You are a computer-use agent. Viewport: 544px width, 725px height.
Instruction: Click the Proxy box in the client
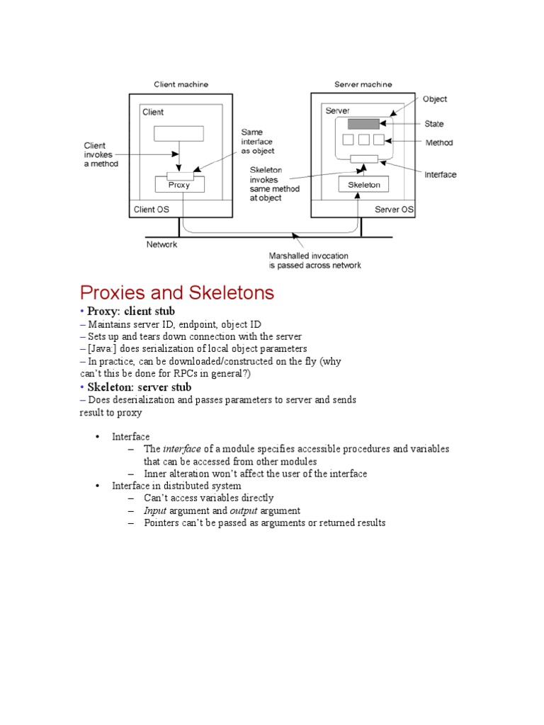pos(180,185)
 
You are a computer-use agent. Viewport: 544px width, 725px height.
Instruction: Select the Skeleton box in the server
pos(364,185)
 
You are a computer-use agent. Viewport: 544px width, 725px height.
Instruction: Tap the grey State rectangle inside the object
pos(363,124)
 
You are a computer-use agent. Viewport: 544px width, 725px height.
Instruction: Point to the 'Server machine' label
pos(363,84)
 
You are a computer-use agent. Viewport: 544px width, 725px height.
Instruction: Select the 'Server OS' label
pos(395,210)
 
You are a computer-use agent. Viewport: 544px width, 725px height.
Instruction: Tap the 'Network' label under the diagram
pos(161,244)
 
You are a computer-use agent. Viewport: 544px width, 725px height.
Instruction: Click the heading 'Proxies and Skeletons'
pos(177,292)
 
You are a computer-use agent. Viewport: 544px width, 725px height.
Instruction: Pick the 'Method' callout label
pos(438,143)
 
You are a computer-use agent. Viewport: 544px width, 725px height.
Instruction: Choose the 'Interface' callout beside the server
pos(440,174)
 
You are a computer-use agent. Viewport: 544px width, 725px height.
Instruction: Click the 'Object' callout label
pos(435,100)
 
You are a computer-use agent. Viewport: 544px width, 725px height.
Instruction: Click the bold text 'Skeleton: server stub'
pos(139,387)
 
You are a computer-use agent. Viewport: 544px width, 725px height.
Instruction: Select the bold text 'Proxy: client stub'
pos(131,312)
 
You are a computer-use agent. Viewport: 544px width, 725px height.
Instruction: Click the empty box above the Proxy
pos(178,133)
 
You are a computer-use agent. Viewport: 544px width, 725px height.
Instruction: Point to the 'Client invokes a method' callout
pos(101,154)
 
